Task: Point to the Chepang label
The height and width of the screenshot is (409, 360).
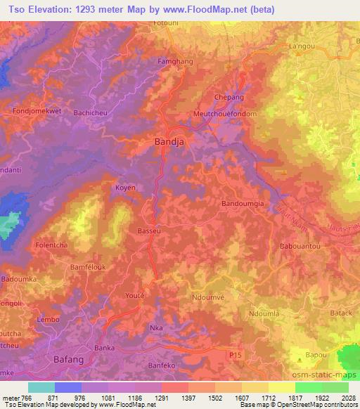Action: [x=229, y=97]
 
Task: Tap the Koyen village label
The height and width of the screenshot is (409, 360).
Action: [x=125, y=188]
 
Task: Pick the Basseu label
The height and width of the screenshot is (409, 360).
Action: [x=148, y=230]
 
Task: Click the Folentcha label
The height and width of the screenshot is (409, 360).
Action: [x=51, y=245]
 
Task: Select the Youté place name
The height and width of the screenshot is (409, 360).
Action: [x=134, y=295]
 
